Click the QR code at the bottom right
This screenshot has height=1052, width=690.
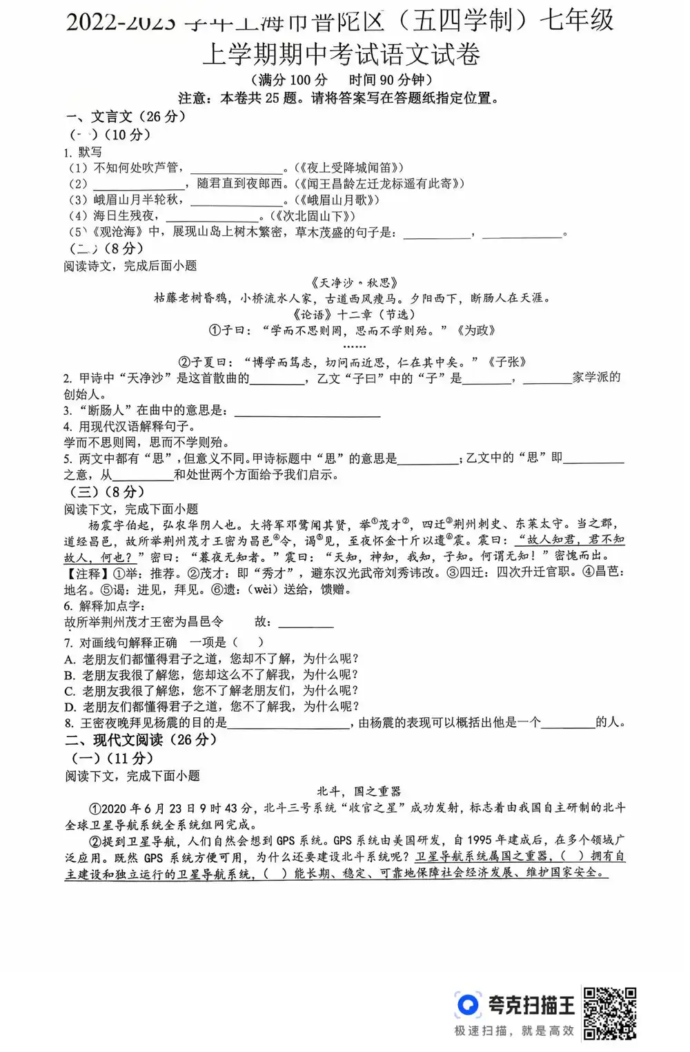pos(609,1012)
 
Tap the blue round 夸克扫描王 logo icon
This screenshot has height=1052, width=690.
pos(468,1004)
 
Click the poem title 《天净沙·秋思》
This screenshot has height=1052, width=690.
pos(354,282)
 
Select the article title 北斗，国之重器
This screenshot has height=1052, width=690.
pos(359,791)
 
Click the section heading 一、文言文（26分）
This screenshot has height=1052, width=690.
pos(126,116)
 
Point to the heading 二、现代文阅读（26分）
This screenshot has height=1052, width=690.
pos(141,740)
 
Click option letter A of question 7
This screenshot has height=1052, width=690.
pos(70,659)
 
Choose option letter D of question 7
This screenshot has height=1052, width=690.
pos(70,707)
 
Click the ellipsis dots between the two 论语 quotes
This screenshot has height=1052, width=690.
pos(354,346)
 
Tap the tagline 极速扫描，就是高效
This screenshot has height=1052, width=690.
pos(514,1031)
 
